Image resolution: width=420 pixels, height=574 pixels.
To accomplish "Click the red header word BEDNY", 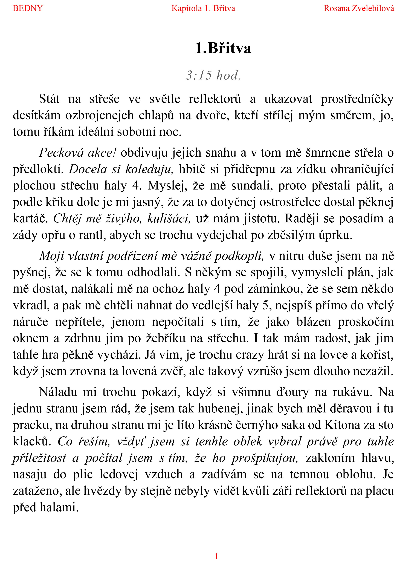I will click(x=28, y=8).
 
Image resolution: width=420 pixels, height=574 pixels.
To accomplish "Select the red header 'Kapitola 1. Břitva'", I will click(x=203, y=8).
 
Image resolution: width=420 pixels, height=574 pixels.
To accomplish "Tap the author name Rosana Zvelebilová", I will click(x=359, y=8).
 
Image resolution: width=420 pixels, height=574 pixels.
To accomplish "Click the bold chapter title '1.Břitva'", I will click(x=223, y=48).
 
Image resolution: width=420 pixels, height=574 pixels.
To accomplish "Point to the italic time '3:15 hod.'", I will click(x=214, y=76).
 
